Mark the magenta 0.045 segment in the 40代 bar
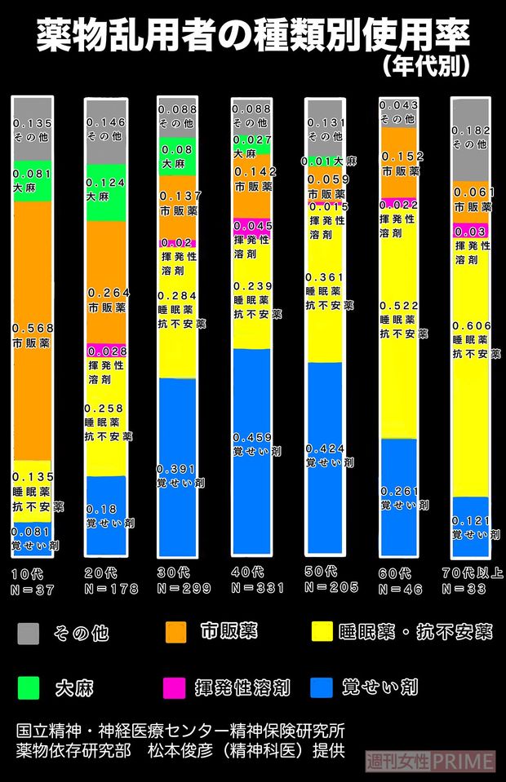(x=252, y=226)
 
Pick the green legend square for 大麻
(x=29, y=688)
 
